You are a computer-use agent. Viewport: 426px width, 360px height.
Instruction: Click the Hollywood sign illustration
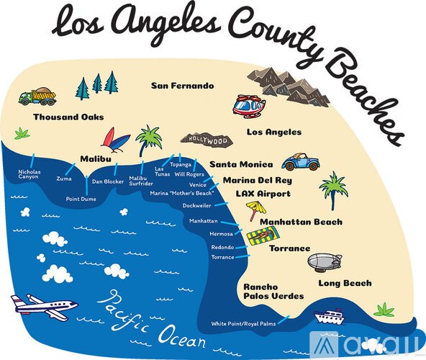point(209,140)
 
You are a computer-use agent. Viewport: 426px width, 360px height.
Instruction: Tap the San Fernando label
point(182,86)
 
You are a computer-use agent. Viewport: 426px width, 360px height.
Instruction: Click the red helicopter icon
point(249,106)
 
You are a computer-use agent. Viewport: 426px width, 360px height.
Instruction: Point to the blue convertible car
point(300,162)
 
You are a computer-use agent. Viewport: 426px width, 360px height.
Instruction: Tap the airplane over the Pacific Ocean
point(43,305)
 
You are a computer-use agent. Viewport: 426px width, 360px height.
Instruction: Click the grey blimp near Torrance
point(329,261)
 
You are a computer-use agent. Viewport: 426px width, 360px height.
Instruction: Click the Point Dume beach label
point(81,199)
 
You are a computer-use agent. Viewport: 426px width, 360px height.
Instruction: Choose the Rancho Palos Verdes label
point(273,291)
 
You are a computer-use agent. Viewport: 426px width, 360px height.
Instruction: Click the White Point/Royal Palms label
point(243,324)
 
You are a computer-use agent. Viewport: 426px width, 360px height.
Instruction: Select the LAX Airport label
point(263,194)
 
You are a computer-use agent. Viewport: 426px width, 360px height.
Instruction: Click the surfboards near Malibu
point(115,139)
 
